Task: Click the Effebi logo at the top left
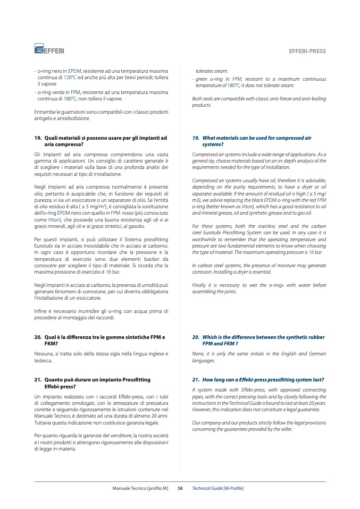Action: tap(49, 50)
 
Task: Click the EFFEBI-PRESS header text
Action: tap(307, 51)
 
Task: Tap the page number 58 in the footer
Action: tap(180, 488)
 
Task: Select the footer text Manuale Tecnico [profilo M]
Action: tap(140, 488)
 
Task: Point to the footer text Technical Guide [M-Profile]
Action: tap(217, 488)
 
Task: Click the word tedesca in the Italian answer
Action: tap(43, 361)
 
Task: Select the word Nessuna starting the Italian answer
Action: tap(43, 353)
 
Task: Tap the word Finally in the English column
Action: tap(199, 285)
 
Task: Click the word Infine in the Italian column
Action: tap(40, 311)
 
